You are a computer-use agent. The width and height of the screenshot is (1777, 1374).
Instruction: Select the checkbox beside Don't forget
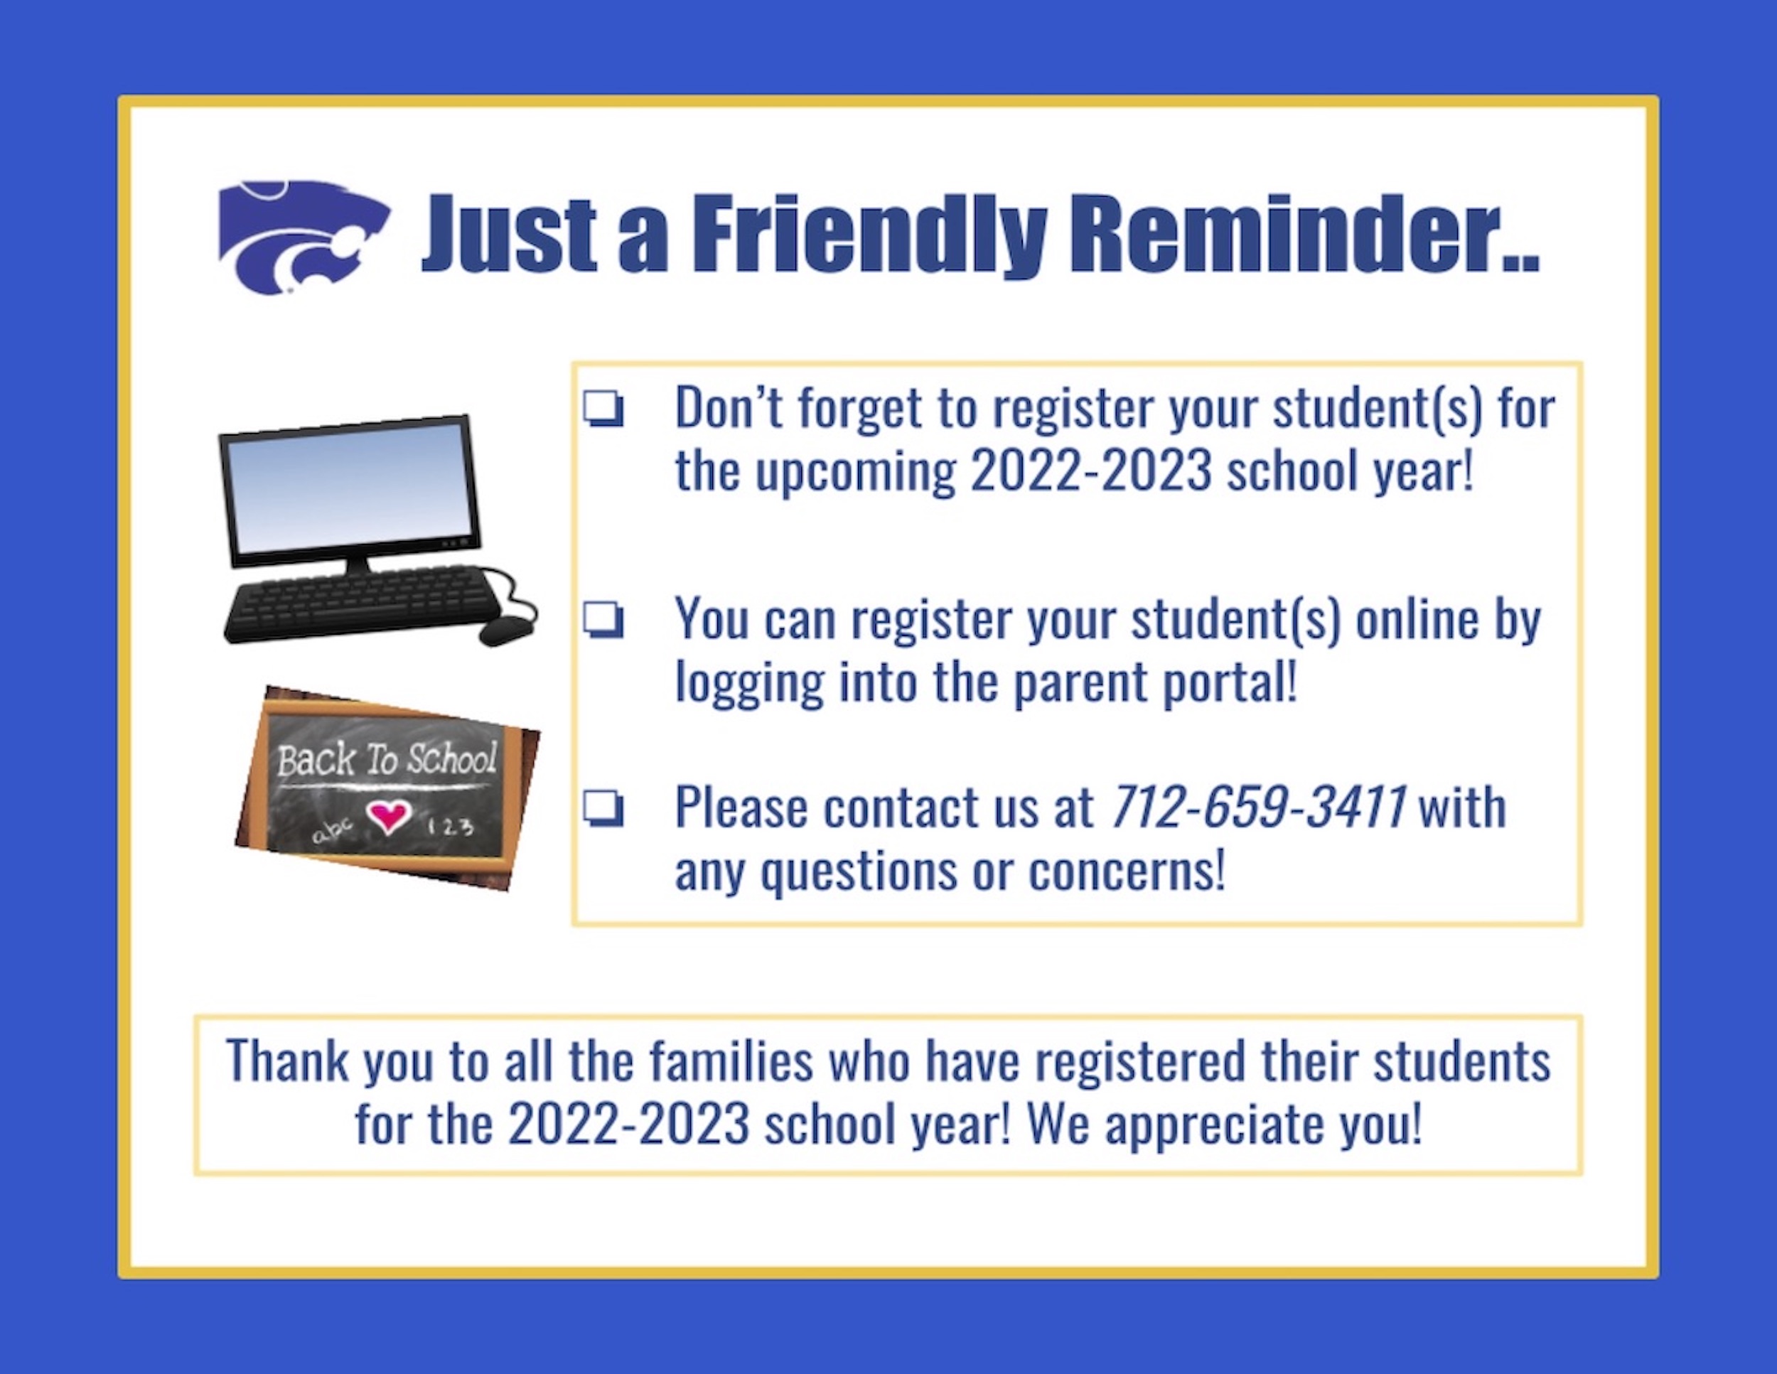click(x=603, y=409)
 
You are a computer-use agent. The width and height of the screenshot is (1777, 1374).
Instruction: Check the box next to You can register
click(x=603, y=621)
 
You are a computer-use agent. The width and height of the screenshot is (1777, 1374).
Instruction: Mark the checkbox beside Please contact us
click(x=603, y=810)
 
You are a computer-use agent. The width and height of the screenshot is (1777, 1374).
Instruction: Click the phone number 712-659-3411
click(x=1258, y=807)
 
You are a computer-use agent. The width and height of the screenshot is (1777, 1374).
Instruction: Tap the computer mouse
click(x=506, y=630)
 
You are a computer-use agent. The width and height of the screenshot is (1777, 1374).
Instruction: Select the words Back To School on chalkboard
click(x=387, y=759)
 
